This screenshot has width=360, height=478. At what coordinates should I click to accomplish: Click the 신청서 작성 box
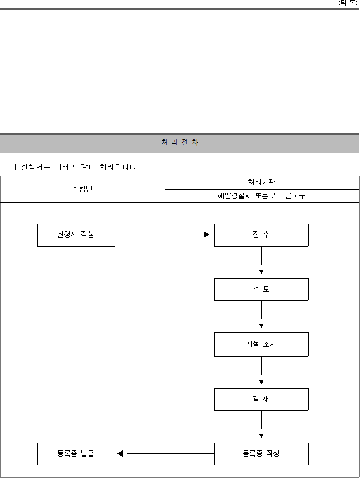[76, 235]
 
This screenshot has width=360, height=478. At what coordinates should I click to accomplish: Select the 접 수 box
[261, 235]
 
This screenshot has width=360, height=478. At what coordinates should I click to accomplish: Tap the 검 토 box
[261, 289]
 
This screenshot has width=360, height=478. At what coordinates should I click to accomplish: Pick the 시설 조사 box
[261, 344]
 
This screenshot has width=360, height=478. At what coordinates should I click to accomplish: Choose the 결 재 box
[261, 399]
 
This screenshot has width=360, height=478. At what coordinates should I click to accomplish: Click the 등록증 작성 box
[261, 454]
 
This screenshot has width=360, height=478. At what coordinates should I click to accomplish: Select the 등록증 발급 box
[76, 454]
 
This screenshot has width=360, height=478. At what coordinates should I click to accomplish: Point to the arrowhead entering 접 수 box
[207, 234]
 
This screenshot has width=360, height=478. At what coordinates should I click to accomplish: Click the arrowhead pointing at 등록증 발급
[120, 454]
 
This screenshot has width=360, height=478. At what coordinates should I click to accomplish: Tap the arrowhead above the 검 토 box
[261, 272]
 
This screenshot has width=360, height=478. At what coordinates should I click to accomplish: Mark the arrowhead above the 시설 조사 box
[261, 326]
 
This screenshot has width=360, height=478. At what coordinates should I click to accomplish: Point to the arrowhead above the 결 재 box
[261, 381]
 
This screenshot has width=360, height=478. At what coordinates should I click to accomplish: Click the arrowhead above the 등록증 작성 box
[261, 436]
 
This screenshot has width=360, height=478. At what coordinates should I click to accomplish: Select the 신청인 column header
[83, 189]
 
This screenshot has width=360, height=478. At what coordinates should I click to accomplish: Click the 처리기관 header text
[261, 183]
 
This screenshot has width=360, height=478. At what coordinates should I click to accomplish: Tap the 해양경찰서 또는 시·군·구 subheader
[261, 195]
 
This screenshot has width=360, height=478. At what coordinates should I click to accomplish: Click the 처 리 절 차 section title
[180, 142]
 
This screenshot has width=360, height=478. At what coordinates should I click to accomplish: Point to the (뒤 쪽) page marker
[348, 3]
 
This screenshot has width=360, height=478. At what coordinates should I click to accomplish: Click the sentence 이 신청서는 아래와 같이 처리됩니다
[75, 167]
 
